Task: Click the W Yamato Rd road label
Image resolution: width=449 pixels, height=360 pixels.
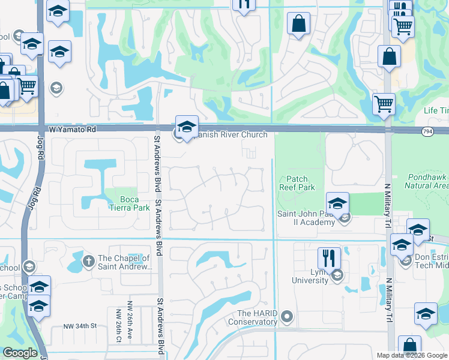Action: [x=72, y=129]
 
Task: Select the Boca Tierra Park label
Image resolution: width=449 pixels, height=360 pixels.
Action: [x=125, y=204]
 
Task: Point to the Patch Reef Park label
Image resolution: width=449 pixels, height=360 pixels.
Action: [x=297, y=183]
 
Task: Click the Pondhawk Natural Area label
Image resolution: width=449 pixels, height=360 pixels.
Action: [x=428, y=181]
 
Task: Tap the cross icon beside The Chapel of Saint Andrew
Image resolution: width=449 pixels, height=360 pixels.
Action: [x=88, y=261]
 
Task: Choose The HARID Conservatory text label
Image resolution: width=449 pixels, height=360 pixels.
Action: [x=258, y=318]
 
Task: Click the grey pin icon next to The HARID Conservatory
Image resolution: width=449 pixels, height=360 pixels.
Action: [x=287, y=316]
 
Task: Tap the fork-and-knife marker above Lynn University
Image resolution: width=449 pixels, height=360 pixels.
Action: [x=329, y=258]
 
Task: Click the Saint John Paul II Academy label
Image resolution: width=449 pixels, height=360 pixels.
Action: [x=306, y=218]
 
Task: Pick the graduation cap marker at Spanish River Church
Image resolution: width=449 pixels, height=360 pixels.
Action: [x=187, y=127]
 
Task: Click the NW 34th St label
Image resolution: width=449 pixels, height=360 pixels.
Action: [x=80, y=326]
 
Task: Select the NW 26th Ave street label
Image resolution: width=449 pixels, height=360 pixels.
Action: [x=129, y=314]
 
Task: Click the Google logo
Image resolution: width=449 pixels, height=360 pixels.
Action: [x=20, y=353]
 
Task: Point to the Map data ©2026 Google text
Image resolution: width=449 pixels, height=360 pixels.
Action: [x=411, y=355]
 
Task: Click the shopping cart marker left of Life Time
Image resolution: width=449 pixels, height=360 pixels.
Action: [x=383, y=104]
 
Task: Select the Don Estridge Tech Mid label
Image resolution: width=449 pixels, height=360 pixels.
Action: [x=431, y=262]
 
